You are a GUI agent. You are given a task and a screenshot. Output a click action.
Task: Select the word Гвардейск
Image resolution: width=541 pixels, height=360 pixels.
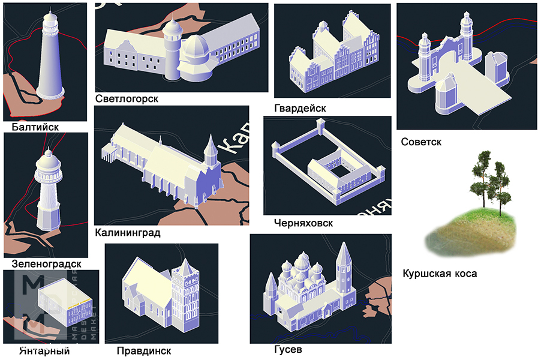click(x=299, y=108)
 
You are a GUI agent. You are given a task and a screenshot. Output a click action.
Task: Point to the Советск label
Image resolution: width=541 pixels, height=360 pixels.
click(x=421, y=142)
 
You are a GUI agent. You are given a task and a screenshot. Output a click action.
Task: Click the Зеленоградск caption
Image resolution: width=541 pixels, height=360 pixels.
click(x=46, y=263)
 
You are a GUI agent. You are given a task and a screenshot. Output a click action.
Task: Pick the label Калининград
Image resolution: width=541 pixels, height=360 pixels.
click(x=128, y=232)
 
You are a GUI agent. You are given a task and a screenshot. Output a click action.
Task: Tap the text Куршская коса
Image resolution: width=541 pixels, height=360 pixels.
click(x=440, y=274)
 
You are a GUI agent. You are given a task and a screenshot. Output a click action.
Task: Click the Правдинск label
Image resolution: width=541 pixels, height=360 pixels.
click(x=145, y=350)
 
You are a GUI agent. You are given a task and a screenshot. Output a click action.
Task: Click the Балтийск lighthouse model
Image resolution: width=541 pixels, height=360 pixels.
click(x=50, y=60)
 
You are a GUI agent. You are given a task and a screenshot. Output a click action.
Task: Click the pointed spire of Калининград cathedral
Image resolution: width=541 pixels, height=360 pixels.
click(x=210, y=146)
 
